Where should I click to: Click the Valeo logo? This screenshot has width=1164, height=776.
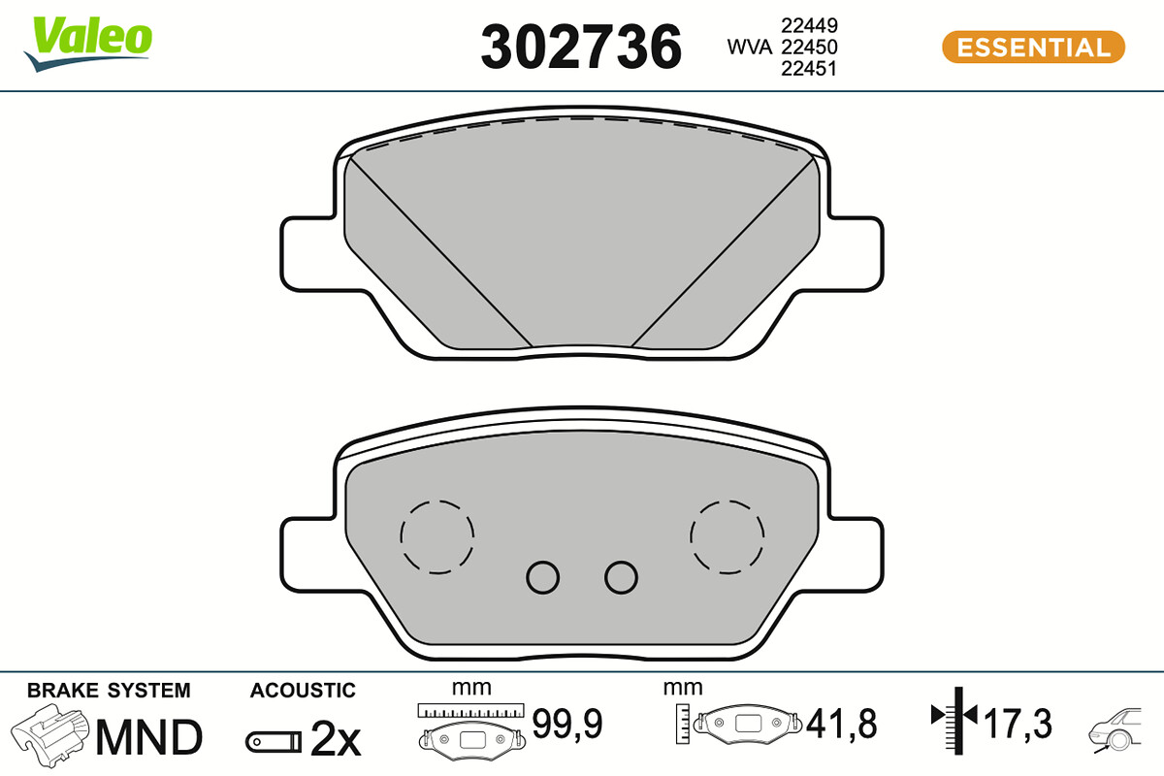point(88,44)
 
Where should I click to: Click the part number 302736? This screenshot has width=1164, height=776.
point(581,48)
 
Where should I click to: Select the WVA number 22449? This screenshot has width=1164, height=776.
point(809,25)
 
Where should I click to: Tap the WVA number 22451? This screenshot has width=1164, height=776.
point(809,69)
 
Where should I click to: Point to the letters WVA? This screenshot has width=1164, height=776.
point(750,47)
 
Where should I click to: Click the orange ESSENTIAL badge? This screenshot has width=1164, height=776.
point(1034,48)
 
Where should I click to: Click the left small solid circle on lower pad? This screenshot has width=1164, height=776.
point(542,577)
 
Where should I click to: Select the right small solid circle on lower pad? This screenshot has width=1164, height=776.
point(621,577)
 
